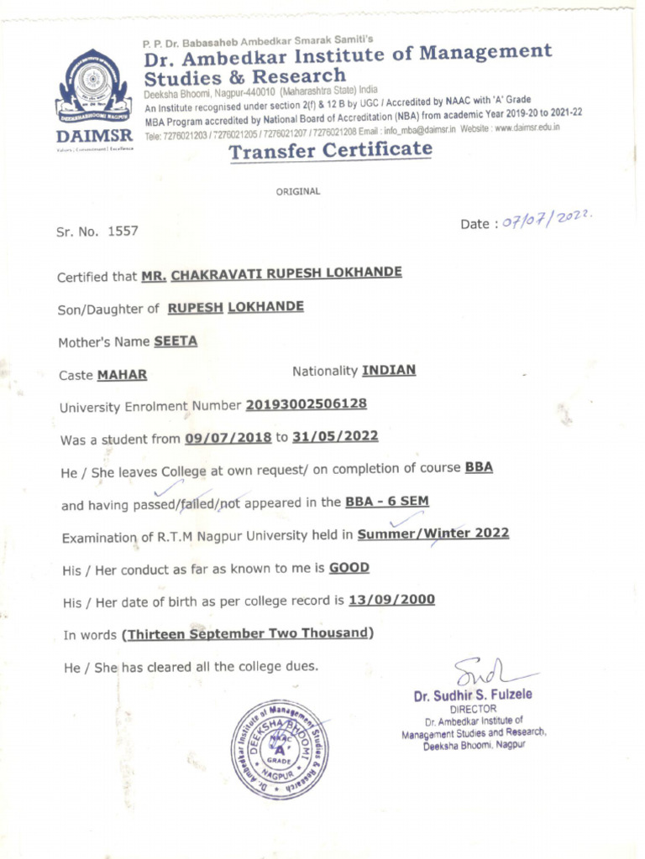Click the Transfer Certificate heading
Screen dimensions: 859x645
(331, 151)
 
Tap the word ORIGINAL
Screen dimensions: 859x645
(298, 191)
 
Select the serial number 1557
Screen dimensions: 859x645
(123, 231)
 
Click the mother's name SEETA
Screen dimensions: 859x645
(176, 341)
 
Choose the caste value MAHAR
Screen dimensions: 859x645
(123, 375)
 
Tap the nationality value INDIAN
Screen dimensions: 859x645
(388, 370)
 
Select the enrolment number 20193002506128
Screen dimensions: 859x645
(306, 404)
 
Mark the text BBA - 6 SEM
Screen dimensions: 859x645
(386, 502)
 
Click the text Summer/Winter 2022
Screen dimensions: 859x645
(433, 534)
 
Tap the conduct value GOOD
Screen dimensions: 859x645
(349, 567)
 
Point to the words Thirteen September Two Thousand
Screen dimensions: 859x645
(248, 633)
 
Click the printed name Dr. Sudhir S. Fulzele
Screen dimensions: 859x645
(472, 695)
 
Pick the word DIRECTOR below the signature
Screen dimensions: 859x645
(474, 709)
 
